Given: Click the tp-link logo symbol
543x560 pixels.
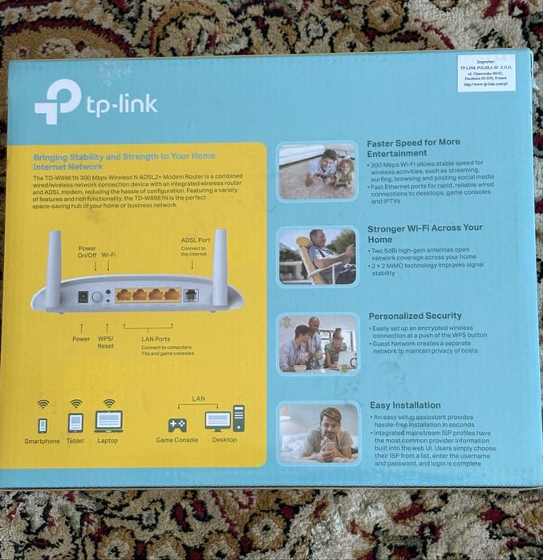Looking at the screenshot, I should [57, 102].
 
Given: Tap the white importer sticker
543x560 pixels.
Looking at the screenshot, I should [486, 73].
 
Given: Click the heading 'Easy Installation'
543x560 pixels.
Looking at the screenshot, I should [405, 405].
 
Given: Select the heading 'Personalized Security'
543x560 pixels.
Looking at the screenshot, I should [415, 316].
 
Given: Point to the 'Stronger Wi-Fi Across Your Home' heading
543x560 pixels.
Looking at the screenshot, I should [424, 232].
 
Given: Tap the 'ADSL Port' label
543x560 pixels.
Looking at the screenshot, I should [196, 240].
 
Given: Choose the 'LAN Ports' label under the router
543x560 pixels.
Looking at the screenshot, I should [156, 339].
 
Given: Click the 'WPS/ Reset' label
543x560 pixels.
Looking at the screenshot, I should [106, 342].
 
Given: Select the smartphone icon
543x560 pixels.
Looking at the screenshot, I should [43, 425].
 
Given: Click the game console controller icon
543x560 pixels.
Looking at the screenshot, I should [176, 425].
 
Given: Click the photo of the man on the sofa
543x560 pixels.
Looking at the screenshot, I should [318, 433].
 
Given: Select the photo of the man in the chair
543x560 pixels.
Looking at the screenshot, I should [318, 256].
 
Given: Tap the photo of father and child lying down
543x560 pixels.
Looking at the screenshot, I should [318, 170].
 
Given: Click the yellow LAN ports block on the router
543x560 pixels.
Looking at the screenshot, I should [148, 295].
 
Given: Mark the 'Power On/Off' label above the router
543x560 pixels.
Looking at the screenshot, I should [87, 252].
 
